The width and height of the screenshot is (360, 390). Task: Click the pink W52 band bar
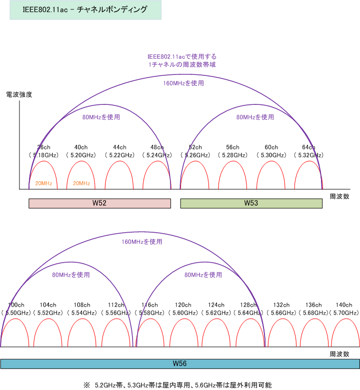(99, 203)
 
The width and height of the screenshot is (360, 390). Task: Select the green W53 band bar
(251, 203)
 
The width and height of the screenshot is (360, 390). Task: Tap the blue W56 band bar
(180, 364)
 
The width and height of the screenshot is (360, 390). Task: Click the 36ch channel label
(44, 147)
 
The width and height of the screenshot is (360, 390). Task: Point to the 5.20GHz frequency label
(81, 155)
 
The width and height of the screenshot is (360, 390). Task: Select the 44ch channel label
(120, 147)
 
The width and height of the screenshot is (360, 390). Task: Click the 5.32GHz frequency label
(308, 155)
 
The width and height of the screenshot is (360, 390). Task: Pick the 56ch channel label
(233, 147)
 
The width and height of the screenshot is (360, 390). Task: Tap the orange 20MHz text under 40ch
(81, 183)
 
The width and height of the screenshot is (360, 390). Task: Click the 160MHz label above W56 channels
(142, 242)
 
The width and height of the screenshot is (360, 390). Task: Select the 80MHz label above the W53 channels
(255, 117)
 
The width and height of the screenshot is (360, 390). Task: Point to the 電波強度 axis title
(19, 94)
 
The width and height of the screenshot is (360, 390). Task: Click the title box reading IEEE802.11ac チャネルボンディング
(85, 10)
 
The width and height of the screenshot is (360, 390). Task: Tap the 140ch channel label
(344, 305)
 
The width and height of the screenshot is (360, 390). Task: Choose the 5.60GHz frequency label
(183, 313)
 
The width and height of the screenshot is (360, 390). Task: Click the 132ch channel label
(281, 305)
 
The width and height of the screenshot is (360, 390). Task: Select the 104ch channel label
(48, 305)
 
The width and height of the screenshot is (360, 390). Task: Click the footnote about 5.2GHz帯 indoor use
(178, 386)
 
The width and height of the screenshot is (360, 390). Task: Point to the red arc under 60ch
(271, 161)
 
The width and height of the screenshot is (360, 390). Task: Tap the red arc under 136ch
(314, 319)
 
